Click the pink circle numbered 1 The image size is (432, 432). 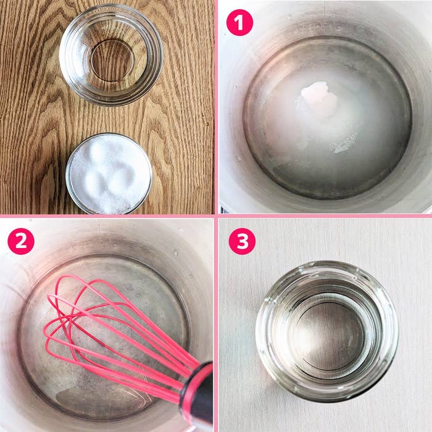239,23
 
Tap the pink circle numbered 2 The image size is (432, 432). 20,242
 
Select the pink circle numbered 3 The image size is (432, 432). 241,241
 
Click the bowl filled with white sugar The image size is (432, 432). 109,173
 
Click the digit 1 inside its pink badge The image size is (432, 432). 239,23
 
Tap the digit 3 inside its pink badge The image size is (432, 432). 241,241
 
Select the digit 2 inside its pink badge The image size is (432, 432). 20,242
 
